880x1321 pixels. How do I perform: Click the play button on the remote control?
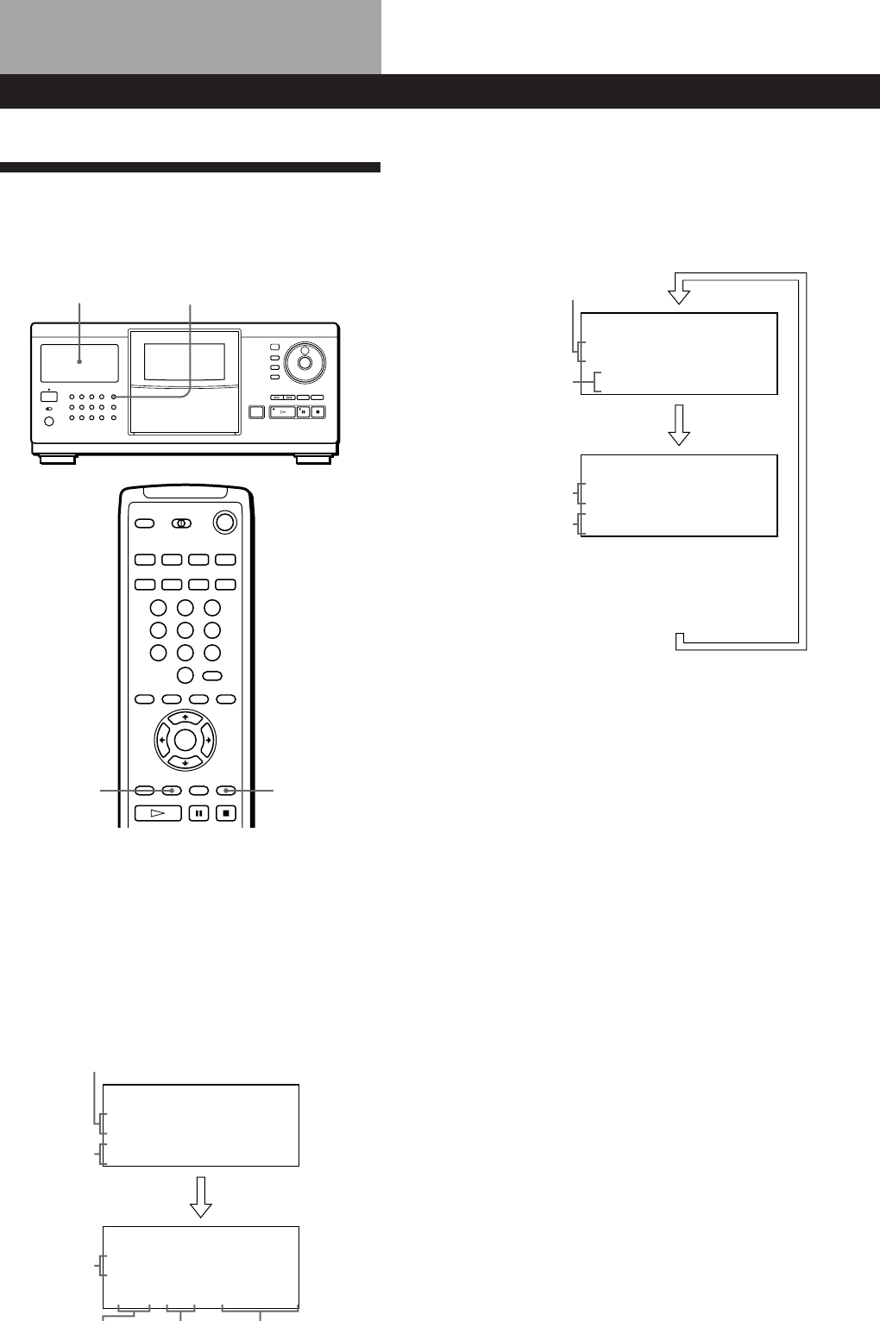pos(158,812)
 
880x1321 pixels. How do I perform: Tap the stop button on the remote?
pos(226,812)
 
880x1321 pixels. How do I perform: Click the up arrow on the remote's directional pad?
pos(185,717)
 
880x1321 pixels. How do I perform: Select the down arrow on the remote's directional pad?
pos(185,762)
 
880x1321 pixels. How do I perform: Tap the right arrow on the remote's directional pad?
pos(207,740)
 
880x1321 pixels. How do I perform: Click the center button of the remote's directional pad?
pos(185,740)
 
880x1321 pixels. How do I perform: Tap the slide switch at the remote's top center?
pos(181,523)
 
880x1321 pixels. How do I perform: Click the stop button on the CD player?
pos(318,412)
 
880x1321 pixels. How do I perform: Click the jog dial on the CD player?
pos(305,361)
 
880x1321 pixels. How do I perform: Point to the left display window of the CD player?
pos(79,363)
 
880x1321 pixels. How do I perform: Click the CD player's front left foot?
pos(56,460)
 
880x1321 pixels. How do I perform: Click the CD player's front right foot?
pos(313,460)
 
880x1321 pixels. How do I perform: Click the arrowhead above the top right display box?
pos(680,294)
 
